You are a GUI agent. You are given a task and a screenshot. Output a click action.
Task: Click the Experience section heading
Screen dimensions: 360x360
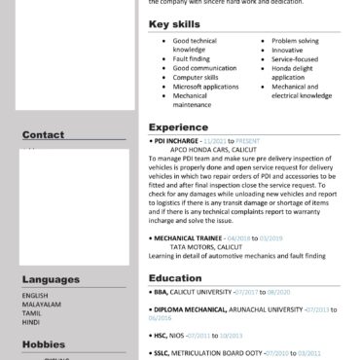click(x=179, y=127)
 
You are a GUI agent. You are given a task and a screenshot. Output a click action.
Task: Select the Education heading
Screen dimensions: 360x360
click(x=175, y=278)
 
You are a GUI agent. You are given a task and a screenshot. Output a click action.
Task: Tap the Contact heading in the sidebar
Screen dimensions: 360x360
click(x=43, y=135)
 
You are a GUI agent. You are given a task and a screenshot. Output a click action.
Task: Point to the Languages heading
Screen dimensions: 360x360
click(x=52, y=279)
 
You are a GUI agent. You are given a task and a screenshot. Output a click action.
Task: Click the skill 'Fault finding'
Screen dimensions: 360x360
click(x=192, y=58)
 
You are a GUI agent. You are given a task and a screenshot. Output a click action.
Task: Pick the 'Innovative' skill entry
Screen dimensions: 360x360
click(x=289, y=51)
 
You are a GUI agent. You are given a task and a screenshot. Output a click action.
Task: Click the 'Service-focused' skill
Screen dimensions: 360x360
click(x=296, y=59)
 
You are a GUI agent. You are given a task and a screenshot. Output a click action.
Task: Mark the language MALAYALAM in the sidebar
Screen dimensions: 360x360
click(x=41, y=304)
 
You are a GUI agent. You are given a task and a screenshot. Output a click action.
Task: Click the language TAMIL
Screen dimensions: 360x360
click(x=32, y=312)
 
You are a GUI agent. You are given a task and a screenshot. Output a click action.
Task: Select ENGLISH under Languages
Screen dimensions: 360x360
click(x=35, y=295)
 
